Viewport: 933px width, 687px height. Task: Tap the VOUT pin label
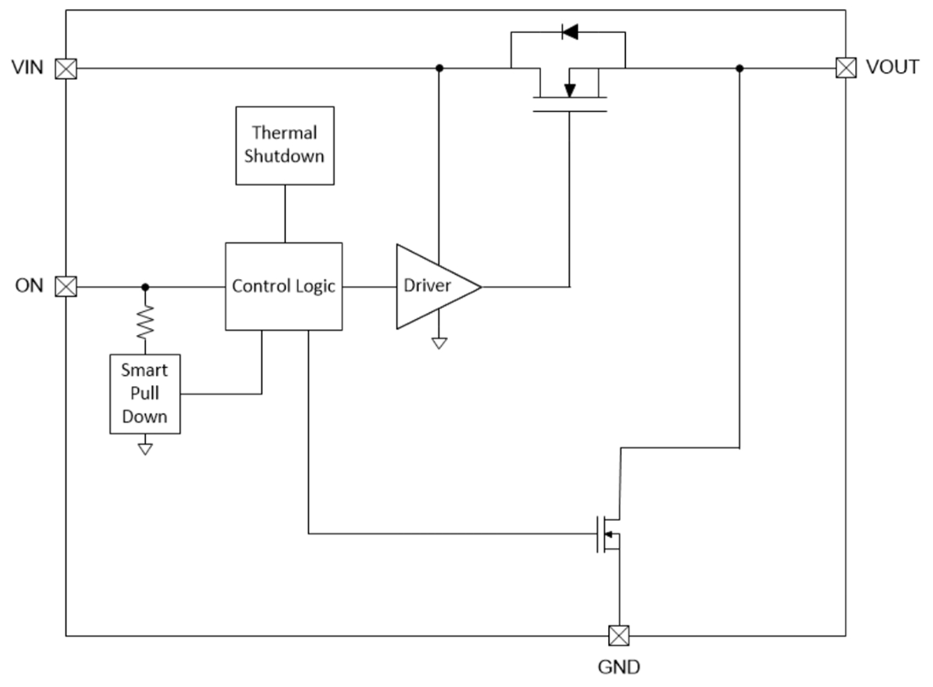891,68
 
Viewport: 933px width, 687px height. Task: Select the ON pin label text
29,286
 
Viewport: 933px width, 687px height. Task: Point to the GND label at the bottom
618,666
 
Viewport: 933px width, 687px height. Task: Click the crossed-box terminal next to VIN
65,69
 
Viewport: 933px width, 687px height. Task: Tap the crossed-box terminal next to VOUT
845,68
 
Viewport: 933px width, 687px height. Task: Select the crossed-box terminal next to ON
65,287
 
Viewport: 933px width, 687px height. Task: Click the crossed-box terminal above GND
618,635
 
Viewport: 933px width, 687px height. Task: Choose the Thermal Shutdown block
284,145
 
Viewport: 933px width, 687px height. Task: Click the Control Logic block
283,287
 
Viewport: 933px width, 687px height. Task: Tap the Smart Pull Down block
145,394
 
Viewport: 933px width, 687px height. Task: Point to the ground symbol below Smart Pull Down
145,448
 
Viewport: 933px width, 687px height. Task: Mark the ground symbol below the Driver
439,343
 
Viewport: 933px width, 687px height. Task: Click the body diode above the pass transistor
569,33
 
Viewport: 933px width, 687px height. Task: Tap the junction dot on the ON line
145,287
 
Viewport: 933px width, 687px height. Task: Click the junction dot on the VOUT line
740,68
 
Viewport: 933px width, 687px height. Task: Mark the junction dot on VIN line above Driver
439,68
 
